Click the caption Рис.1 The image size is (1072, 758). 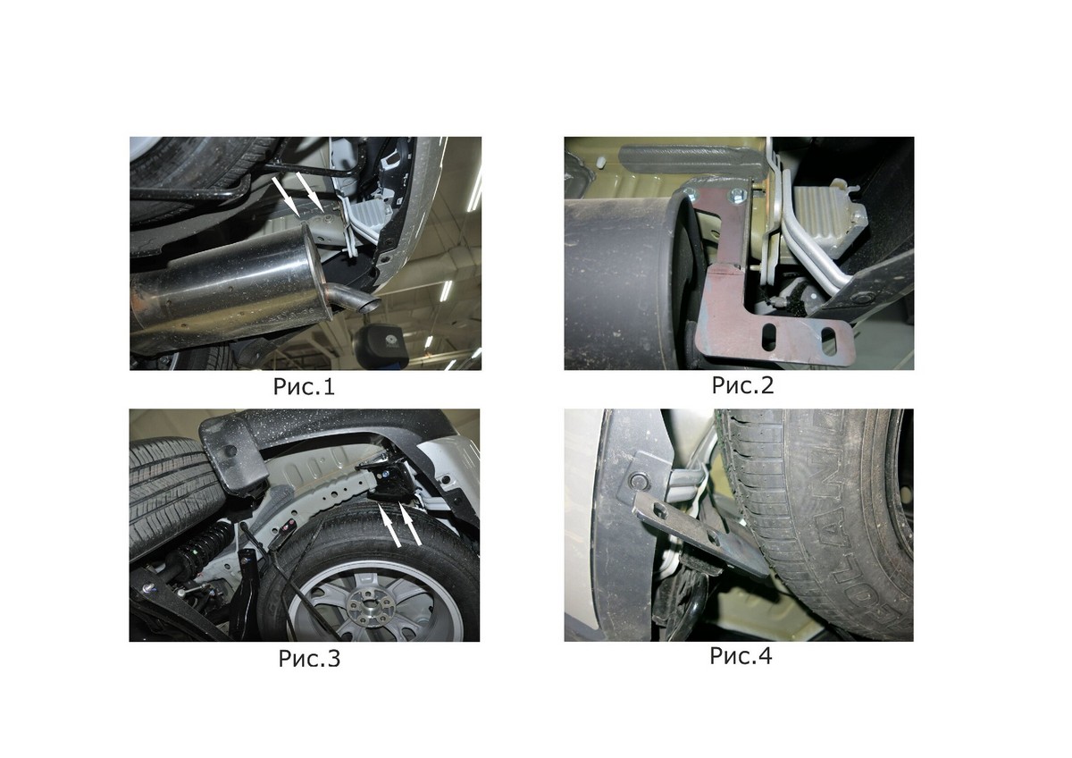point(304,386)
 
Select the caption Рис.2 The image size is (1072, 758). point(742,385)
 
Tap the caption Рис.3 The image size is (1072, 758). point(309,659)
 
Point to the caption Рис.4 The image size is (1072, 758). point(741,655)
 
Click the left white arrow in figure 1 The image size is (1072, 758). point(287,197)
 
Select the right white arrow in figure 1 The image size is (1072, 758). point(311,192)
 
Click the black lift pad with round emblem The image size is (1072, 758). point(381,344)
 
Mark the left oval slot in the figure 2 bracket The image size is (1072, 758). point(769,337)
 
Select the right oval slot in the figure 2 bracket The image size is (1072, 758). point(828,341)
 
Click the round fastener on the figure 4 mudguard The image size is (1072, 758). point(638,478)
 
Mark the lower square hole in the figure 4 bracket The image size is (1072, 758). point(712,541)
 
